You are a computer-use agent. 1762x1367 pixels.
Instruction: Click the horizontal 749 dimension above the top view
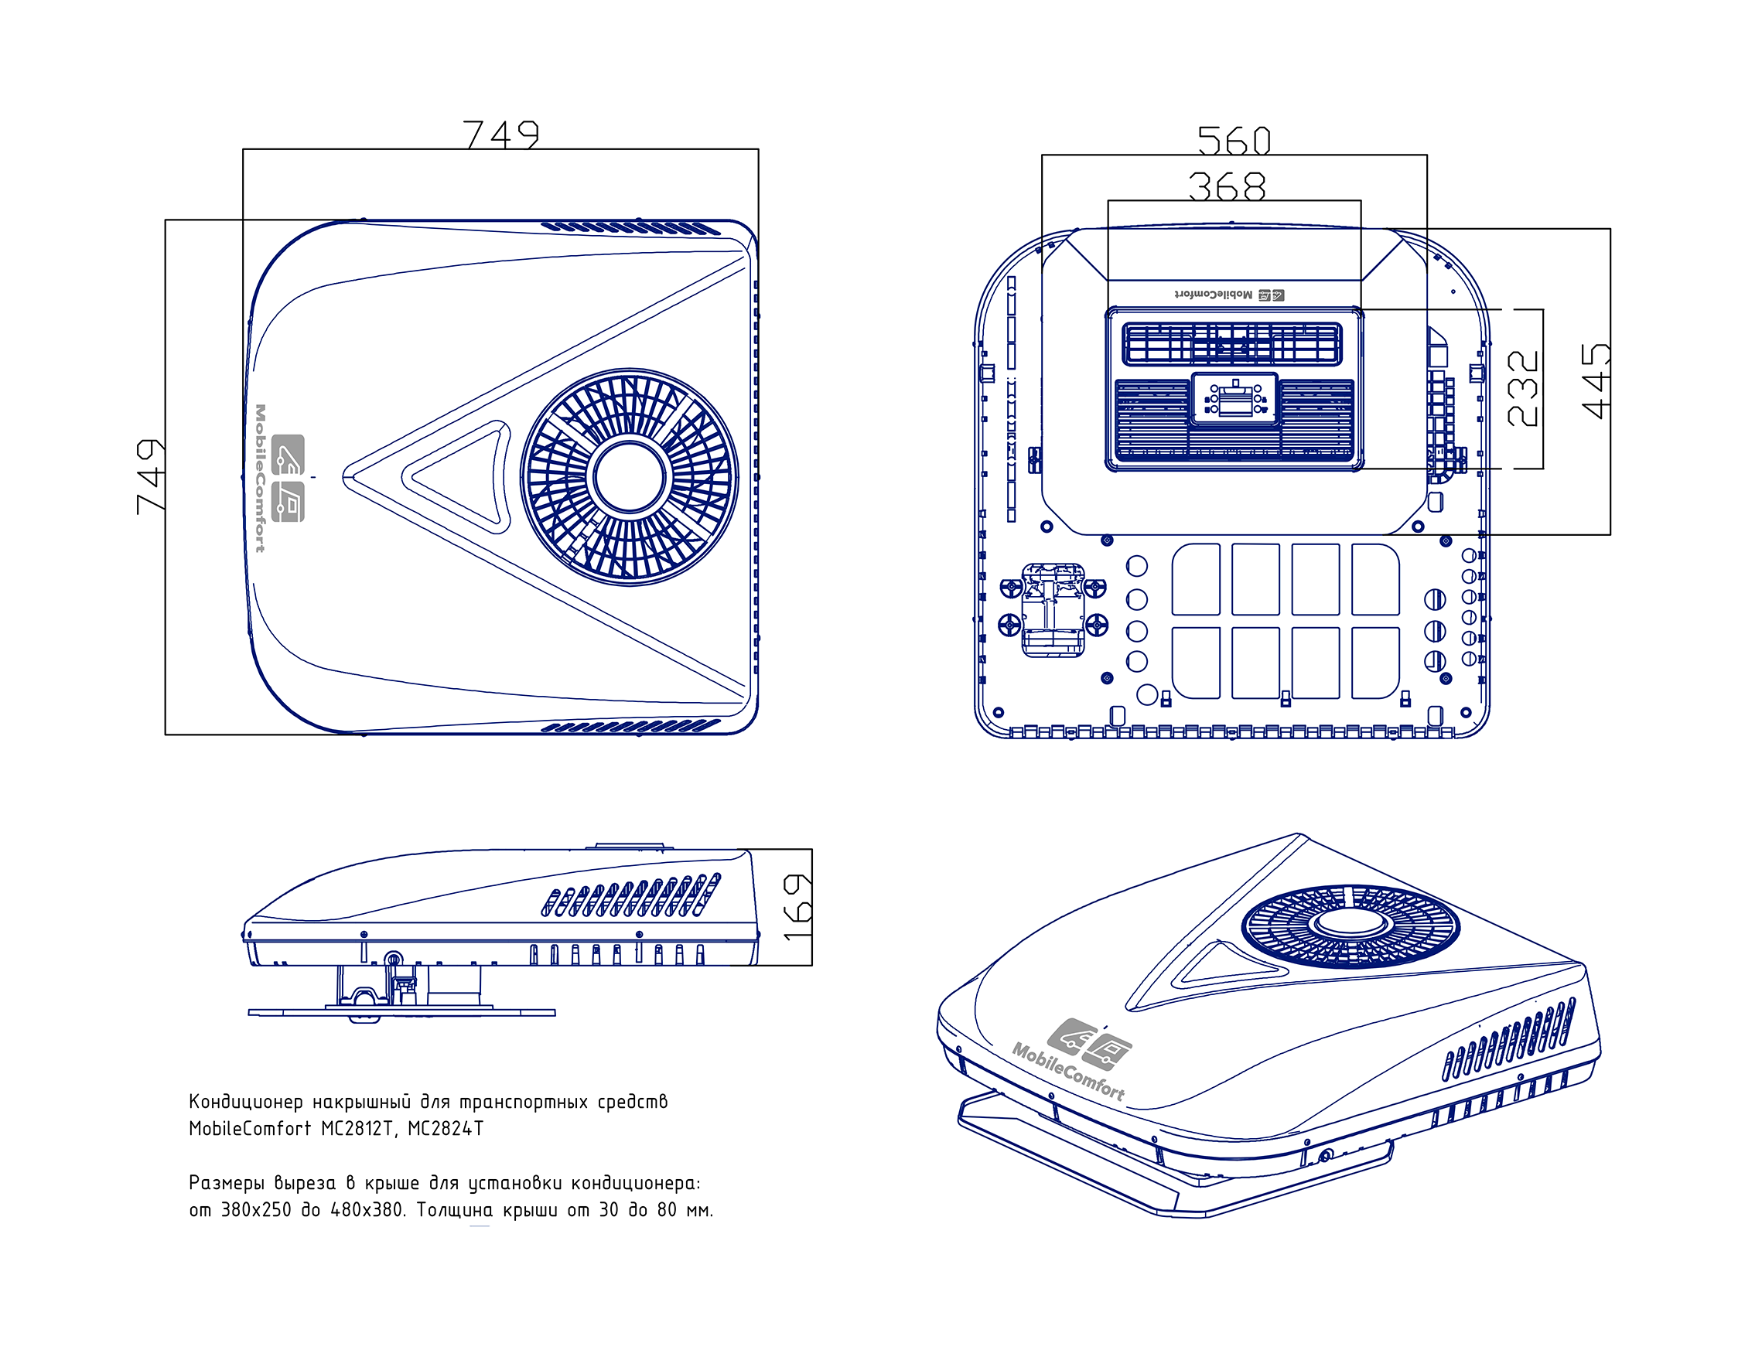[501, 133]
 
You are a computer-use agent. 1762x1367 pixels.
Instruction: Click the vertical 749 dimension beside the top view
[151, 476]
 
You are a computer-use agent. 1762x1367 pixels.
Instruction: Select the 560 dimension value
[1234, 141]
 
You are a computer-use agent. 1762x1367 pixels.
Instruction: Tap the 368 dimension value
[1226, 186]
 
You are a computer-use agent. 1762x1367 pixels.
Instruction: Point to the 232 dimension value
[1522, 388]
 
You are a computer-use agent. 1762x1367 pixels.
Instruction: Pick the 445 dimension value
[1596, 380]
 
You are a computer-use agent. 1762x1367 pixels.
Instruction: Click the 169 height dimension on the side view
[797, 907]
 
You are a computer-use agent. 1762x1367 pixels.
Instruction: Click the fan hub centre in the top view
[630, 476]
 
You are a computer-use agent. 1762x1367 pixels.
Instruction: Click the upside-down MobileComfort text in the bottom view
[1214, 295]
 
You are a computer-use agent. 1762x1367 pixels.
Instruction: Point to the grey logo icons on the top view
[288, 477]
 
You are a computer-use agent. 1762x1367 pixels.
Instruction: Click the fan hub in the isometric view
[1350, 923]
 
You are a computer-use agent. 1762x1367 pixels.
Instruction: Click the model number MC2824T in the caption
[446, 1129]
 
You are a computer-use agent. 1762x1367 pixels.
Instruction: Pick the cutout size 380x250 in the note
[256, 1211]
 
